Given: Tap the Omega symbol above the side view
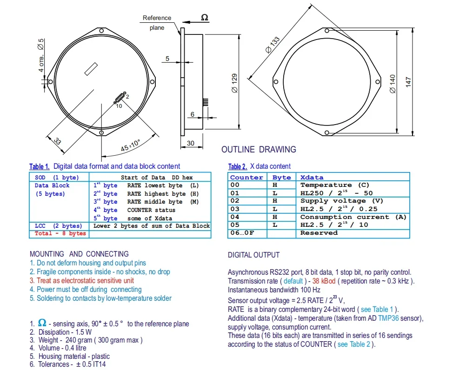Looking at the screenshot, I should coord(205,18).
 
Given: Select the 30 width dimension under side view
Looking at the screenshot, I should coord(191,143).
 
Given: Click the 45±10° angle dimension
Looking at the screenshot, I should coord(131,145).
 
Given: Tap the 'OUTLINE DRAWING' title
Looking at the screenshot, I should coord(259,150).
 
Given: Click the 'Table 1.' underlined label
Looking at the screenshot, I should coord(40,167).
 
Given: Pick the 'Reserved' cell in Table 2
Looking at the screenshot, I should coord(319,233).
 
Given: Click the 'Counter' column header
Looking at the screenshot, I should coord(246,178).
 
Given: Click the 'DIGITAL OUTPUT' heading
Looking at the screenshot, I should coord(253,255).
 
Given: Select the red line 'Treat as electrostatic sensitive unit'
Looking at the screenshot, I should coord(82,281).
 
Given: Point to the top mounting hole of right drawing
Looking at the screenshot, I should coord(327,30).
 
